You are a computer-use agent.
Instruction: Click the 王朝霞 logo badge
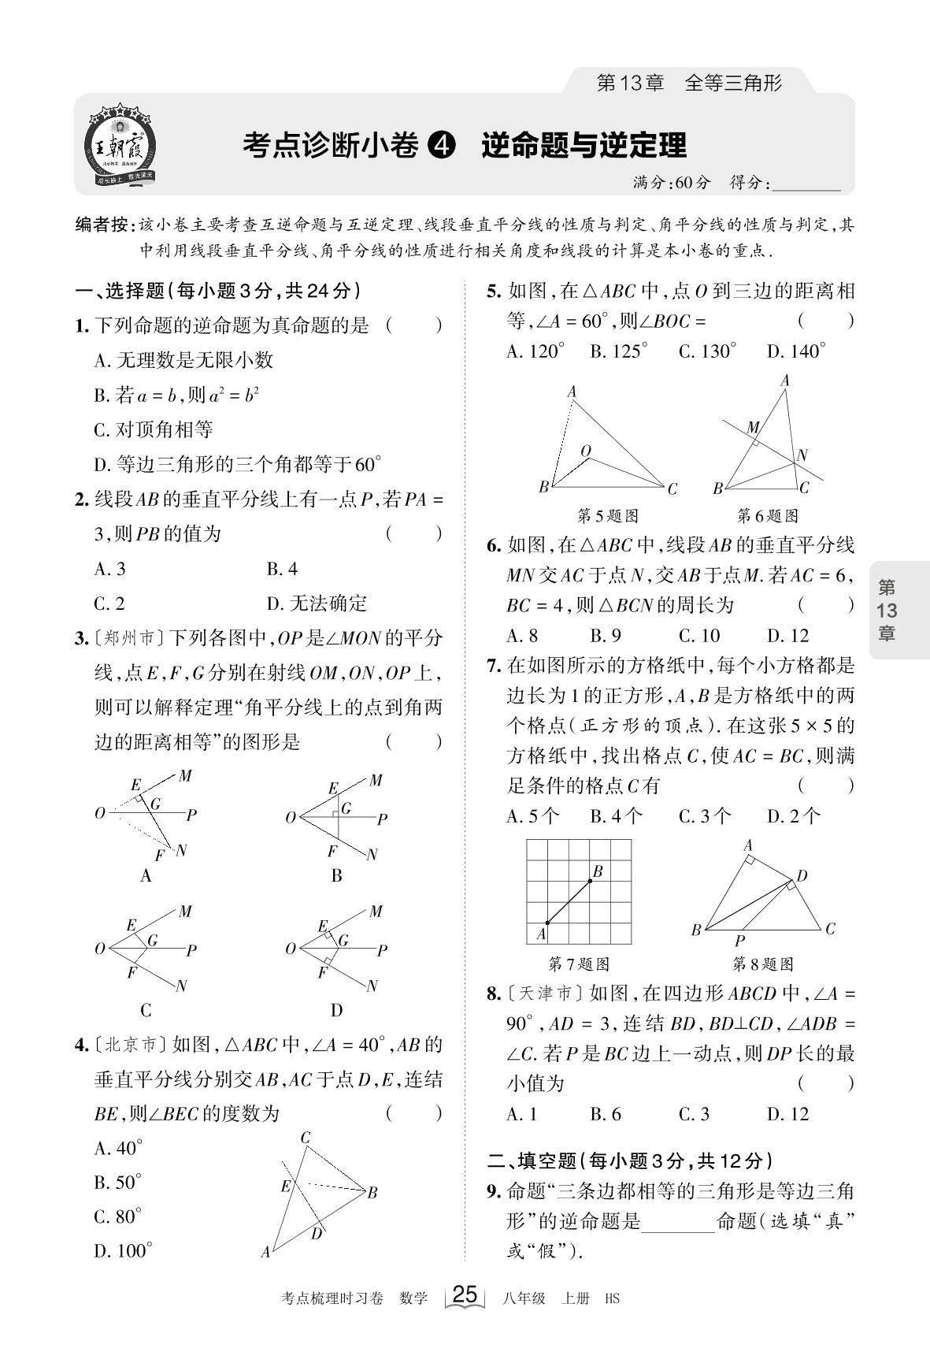click(120, 146)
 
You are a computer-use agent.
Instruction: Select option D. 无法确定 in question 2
click(317, 604)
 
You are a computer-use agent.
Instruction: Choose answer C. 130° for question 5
click(707, 351)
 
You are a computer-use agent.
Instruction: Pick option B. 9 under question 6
click(606, 635)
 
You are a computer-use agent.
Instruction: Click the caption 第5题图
click(607, 516)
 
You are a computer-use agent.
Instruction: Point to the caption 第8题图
click(762, 964)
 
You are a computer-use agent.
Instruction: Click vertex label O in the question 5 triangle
click(585, 451)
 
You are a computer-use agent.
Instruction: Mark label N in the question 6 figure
click(802, 455)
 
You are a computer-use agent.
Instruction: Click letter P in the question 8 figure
click(739, 941)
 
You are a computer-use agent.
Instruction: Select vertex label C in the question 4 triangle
click(306, 1137)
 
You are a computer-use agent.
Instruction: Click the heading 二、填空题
click(533, 1160)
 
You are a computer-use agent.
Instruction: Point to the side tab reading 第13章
click(887, 610)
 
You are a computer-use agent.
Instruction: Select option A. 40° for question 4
click(118, 1148)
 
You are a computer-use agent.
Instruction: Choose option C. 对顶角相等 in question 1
click(154, 429)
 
